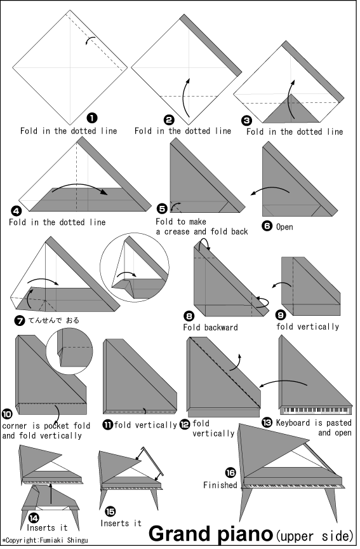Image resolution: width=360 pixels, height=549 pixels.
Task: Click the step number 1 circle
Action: tap(92, 118)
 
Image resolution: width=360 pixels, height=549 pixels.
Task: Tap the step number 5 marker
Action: tap(162, 208)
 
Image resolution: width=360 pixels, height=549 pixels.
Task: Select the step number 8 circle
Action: tap(189, 316)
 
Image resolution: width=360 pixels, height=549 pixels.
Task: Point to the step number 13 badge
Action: tap(267, 423)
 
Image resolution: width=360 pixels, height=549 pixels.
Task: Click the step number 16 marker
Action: tap(230, 473)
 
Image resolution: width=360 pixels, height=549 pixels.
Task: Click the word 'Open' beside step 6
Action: tap(284, 227)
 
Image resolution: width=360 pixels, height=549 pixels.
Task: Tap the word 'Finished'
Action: tap(220, 485)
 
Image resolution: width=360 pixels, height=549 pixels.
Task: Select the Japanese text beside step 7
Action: tap(53, 320)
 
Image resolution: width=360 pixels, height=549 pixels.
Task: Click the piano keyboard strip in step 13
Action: tap(316, 410)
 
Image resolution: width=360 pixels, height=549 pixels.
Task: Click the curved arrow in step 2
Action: tap(186, 98)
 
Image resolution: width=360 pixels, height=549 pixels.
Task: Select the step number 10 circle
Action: tap(7, 414)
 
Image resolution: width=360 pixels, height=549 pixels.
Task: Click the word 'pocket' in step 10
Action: tap(55, 426)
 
